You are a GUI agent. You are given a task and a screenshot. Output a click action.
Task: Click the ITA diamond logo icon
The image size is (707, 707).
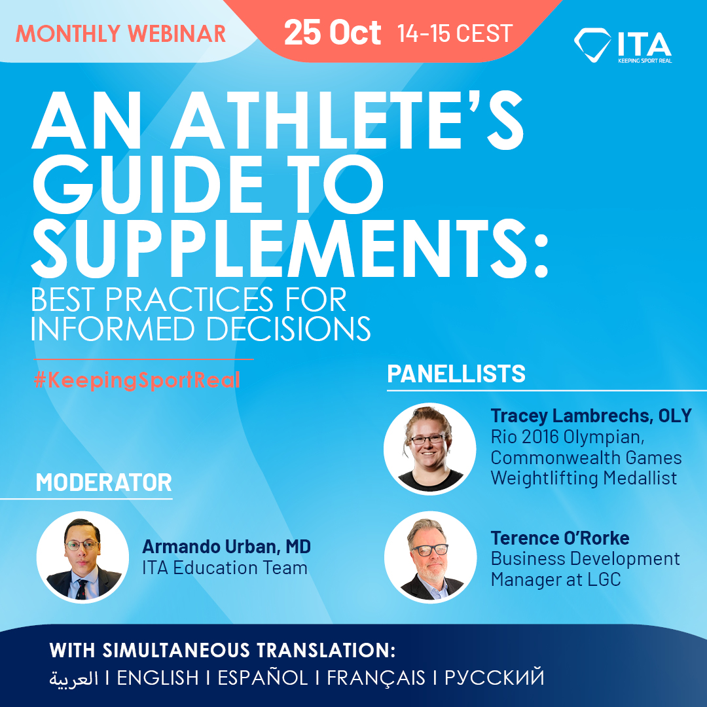tap(592, 44)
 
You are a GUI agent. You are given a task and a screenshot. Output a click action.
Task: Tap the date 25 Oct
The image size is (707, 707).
tap(333, 33)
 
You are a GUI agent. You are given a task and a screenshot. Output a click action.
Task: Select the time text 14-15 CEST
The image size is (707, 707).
tap(454, 33)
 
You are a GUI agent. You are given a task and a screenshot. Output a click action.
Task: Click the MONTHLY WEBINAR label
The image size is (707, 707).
tap(120, 33)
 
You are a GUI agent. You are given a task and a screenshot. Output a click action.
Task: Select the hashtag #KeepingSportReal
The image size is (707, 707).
tap(137, 380)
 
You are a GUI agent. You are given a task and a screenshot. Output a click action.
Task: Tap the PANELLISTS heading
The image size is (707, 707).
tap(456, 374)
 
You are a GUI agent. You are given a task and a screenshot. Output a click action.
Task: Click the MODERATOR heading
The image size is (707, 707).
tap(103, 482)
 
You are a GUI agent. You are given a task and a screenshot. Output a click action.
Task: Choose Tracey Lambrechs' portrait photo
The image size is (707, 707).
tap(429, 448)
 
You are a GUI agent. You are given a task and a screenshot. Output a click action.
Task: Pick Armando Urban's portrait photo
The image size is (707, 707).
tap(82, 557)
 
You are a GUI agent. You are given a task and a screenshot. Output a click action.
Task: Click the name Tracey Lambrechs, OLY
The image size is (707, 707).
tap(590, 416)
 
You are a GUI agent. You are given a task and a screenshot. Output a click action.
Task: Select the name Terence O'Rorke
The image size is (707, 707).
tap(560, 538)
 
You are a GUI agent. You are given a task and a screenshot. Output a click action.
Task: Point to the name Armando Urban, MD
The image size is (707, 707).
tap(227, 547)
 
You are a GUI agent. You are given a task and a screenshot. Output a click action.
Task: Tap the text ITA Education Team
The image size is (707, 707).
tap(225, 568)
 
